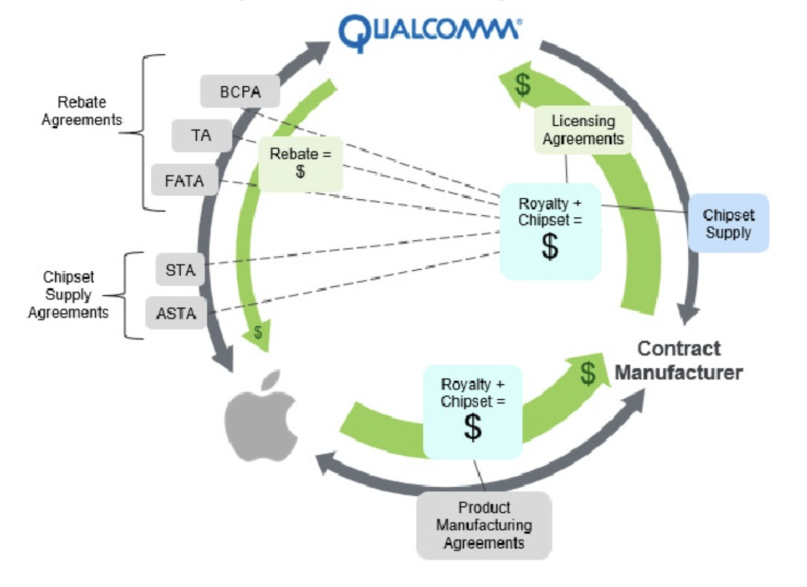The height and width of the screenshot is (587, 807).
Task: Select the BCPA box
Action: click(x=240, y=91)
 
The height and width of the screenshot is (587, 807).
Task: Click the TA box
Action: click(x=201, y=135)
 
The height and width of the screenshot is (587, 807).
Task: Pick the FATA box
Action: click(x=185, y=180)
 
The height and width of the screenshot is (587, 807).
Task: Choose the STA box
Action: click(x=180, y=270)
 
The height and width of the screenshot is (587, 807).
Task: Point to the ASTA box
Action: click(x=176, y=313)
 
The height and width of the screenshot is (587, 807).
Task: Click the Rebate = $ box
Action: click(x=300, y=163)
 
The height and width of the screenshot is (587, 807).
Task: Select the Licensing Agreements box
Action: click(x=583, y=130)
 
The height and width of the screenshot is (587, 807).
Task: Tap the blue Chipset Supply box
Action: click(x=728, y=223)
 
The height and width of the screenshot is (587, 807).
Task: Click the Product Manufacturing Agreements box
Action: click(x=484, y=525)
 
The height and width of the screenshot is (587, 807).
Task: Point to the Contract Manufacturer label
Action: click(x=679, y=361)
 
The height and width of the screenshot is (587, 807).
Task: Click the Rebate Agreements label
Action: click(x=81, y=111)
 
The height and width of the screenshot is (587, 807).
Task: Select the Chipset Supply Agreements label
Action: click(x=68, y=295)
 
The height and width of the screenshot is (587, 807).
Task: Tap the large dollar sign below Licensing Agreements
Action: click(x=550, y=246)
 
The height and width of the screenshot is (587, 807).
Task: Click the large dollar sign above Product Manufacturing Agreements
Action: click(x=473, y=427)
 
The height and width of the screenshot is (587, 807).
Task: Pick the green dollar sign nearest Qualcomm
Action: click(x=523, y=85)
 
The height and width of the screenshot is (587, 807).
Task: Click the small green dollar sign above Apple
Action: click(x=258, y=332)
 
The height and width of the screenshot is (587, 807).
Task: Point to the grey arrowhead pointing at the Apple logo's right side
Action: click(x=327, y=463)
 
